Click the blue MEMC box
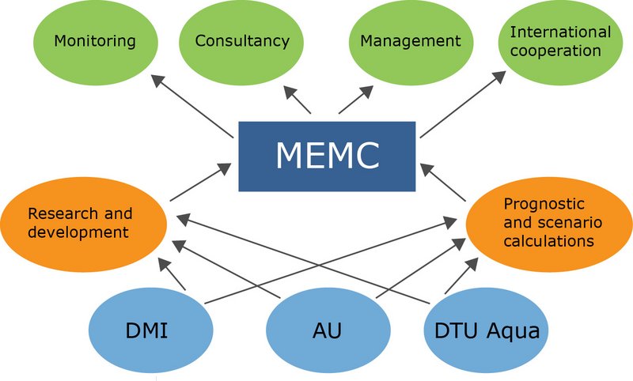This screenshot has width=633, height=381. click(327, 156)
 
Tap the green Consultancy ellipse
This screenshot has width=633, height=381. click(242, 40)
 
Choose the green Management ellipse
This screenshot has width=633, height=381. click(410, 40)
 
